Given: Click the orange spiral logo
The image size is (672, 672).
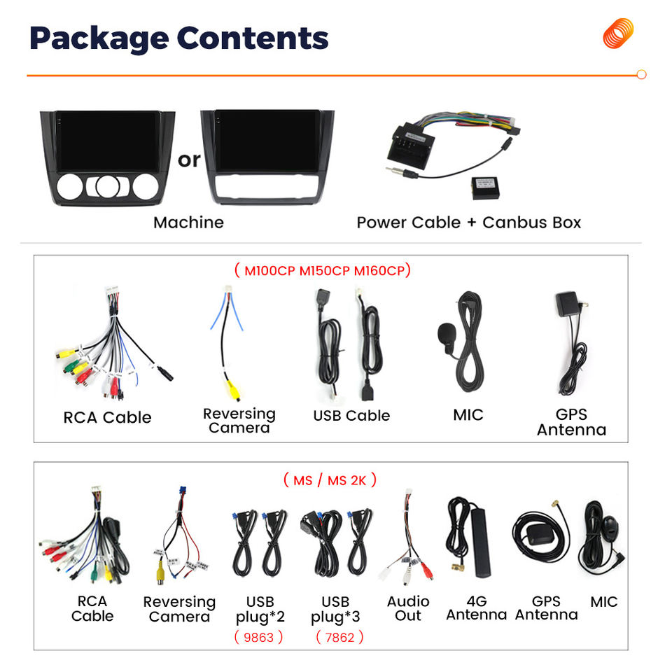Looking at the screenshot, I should [x=618, y=34].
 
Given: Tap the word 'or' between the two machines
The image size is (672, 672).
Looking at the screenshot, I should [x=189, y=160].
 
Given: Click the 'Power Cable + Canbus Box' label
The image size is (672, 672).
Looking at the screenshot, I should [x=468, y=223].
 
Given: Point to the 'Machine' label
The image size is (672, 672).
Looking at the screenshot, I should [x=188, y=223].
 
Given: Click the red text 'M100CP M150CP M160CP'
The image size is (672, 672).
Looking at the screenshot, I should [x=323, y=270].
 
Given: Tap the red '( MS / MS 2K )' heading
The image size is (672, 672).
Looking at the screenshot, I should [x=330, y=479].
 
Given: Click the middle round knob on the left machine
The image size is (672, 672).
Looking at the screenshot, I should [x=106, y=186].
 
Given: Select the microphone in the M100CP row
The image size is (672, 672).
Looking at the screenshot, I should [x=447, y=334].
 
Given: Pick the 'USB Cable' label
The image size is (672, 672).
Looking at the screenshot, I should [x=351, y=415].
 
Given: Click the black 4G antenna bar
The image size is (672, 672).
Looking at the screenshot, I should [x=480, y=542].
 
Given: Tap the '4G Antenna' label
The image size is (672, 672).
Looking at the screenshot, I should [x=476, y=608].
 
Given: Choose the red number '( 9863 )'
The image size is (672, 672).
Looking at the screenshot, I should [x=258, y=637].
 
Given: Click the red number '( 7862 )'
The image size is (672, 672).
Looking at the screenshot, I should [x=339, y=637].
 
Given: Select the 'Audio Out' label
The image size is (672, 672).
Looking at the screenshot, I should [x=408, y=608].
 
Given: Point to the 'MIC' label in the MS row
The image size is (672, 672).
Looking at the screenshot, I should [x=603, y=602].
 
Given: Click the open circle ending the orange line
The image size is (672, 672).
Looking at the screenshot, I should [x=641, y=75].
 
